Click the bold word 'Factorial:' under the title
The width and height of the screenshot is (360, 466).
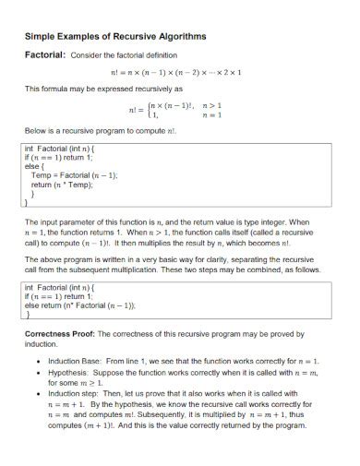pyautogui.click(x=43, y=56)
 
